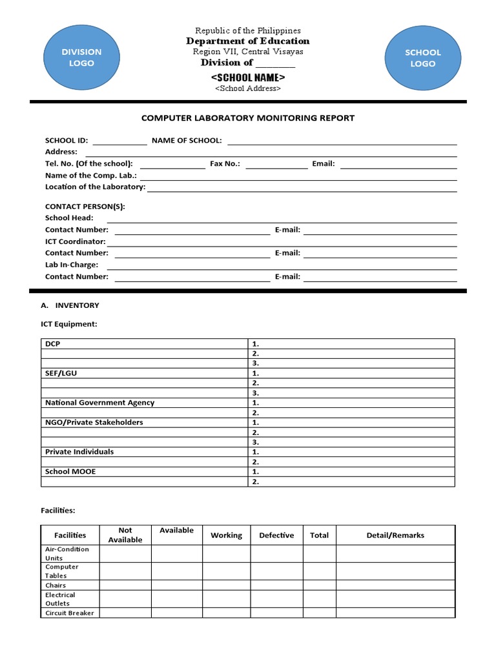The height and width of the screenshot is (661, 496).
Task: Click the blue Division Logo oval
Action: [x=81, y=58]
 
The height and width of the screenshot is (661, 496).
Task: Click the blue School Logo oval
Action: [x=422, y=58]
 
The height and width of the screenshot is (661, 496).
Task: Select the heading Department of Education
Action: [x=248, y=41]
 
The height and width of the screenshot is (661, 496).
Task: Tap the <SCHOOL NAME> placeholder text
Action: [x=248, y=77]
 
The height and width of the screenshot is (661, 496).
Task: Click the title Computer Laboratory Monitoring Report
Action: [x=248, y=118]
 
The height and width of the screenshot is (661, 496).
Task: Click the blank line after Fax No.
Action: [x=276, y=164]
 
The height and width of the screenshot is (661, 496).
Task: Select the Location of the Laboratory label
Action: [x=95, y=187]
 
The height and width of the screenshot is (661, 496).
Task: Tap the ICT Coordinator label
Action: [x=75, y=241]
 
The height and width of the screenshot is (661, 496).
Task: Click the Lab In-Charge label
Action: [x=72, y=265]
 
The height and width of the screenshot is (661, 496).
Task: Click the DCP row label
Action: [x=52, y=344]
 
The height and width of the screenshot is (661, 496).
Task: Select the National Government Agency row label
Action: [x=99, y=403]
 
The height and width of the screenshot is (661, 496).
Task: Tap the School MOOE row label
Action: [x=70, y=472]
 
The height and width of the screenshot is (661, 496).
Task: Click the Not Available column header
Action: [x=125, y=535]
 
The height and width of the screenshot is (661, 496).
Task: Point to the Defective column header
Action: [x=276, y=535]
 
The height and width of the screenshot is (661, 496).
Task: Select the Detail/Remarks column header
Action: [x=395, y=535]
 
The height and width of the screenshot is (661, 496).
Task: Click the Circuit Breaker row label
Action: [x=69, y=613]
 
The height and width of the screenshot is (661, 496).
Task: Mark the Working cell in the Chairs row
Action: [x=226, y=585]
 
